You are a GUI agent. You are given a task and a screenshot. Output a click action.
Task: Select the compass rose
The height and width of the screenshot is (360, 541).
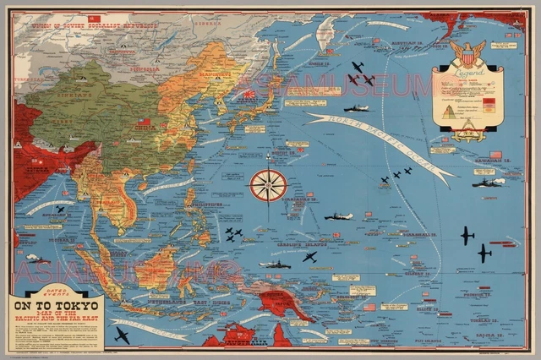268,185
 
